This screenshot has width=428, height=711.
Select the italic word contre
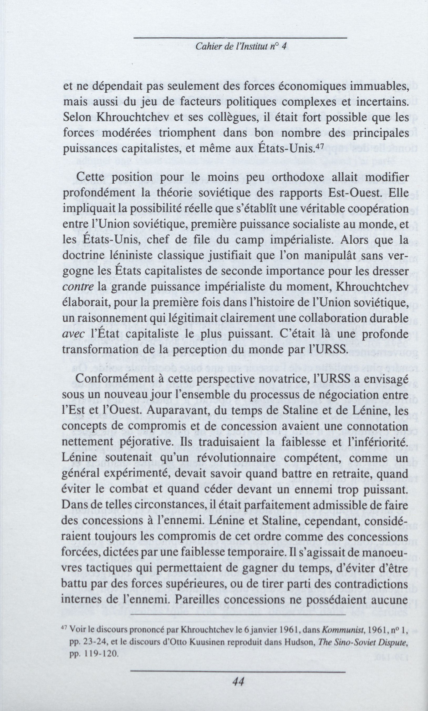tap(78, 287)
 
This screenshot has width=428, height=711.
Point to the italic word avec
tap(74, 334)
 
